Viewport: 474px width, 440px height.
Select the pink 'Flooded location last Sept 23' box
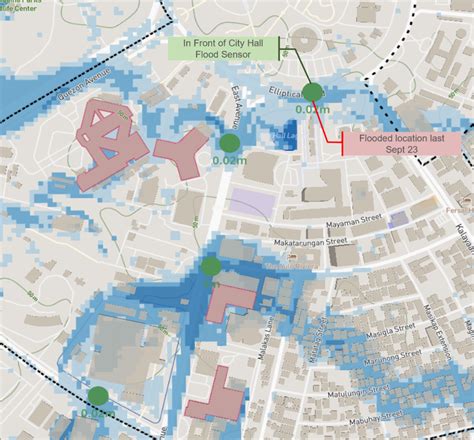coord(400,143)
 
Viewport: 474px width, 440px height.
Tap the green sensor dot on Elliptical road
coord(313,92)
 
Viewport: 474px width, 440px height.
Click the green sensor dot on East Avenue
coord(229,142)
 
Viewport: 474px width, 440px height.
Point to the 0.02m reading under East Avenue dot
coord(229,159)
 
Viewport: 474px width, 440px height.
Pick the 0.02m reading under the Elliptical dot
coord(313,109)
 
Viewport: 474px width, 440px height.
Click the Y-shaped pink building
coord(181,151)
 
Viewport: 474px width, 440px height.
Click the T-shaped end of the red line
coord(342,144)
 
